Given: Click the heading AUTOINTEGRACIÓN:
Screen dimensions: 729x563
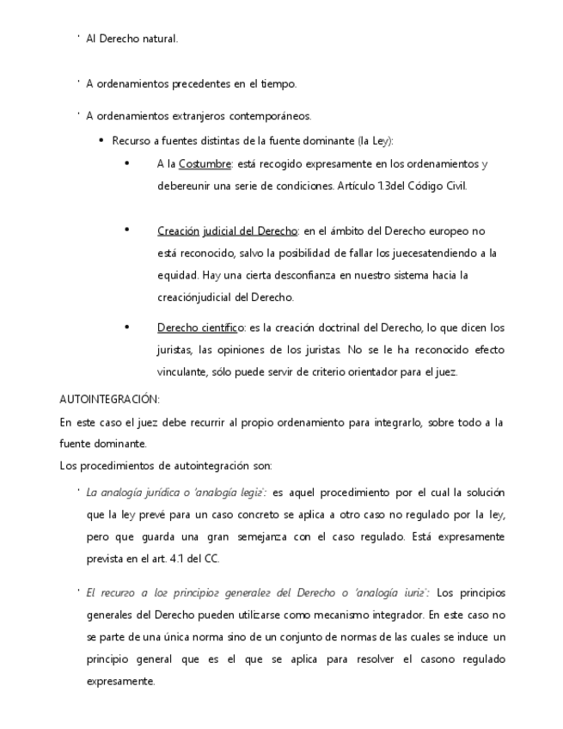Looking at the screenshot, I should [109, 400].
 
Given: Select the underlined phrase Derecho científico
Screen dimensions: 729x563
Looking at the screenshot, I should [201, 328].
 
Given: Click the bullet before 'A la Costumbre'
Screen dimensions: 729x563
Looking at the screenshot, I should [126, 162].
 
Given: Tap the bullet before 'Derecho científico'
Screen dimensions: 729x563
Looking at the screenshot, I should [126, 327].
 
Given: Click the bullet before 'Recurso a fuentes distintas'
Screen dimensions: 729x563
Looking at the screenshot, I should [101, 140].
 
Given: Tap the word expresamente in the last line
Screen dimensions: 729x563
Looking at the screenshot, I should [120, 682].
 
